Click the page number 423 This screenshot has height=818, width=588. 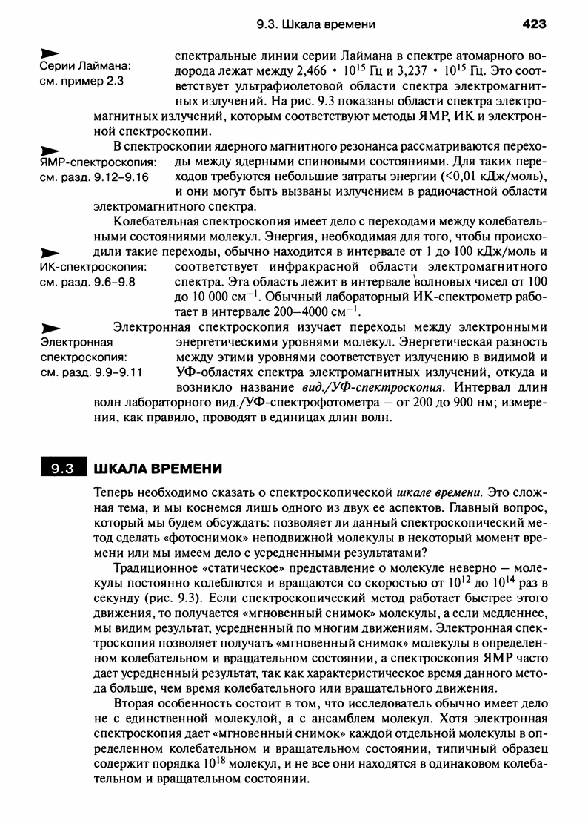point(533,24)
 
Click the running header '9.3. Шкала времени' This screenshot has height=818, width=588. point(315,24)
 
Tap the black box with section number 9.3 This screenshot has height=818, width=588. point(62,469)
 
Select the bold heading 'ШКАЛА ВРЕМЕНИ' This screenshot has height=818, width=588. point(157,469)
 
